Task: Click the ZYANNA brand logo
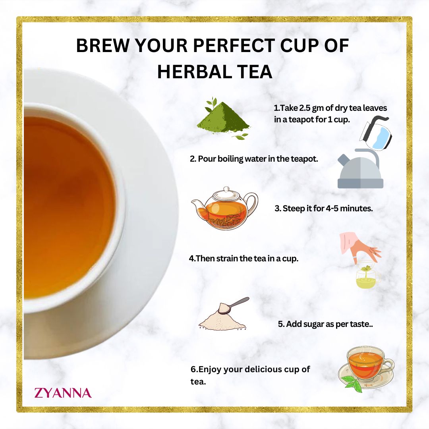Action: [x=63, y=393]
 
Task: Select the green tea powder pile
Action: [x=223, y=119]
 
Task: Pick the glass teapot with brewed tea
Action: [x=225, y=210]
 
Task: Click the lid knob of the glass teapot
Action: [x=226, y=189]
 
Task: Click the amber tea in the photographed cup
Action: [x=64, y=207]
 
